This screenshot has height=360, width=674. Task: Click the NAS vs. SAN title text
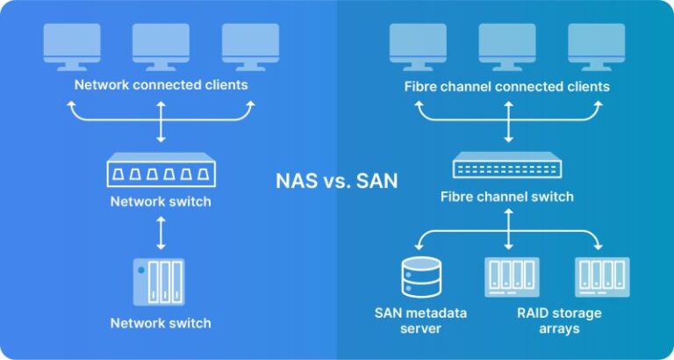coord(337,181)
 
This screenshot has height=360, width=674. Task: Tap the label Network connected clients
coord(161,84)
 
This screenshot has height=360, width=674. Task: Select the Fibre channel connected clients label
coord(506,86)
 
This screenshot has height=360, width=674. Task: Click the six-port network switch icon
coord(161,169)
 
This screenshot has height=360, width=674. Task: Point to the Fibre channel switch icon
coord(507,165)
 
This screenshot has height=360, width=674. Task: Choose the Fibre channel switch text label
coord(506,197)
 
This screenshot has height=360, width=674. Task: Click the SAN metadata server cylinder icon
coord(421,277)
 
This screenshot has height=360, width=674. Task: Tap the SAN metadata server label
coord(420,320)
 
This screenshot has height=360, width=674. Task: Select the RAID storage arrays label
coord(559,320)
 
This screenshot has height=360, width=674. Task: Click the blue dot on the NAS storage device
coord(140,270)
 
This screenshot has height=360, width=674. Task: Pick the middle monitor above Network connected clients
coord(161,47)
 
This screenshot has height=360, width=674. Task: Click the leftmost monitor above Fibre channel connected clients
coord(418,47)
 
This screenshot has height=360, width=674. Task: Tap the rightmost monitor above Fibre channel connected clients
coord(597,47)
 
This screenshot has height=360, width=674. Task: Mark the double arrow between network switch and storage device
coord(161,233)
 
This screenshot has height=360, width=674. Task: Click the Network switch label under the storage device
coord(161,323)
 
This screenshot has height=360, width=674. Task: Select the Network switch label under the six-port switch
coord(161,201)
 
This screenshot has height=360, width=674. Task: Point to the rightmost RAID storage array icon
coord(602,277)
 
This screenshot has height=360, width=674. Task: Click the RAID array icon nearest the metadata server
coord(512,277)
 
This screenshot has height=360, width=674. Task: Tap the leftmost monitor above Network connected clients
coord(72,47)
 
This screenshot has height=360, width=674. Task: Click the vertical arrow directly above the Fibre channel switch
coord(508,122)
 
